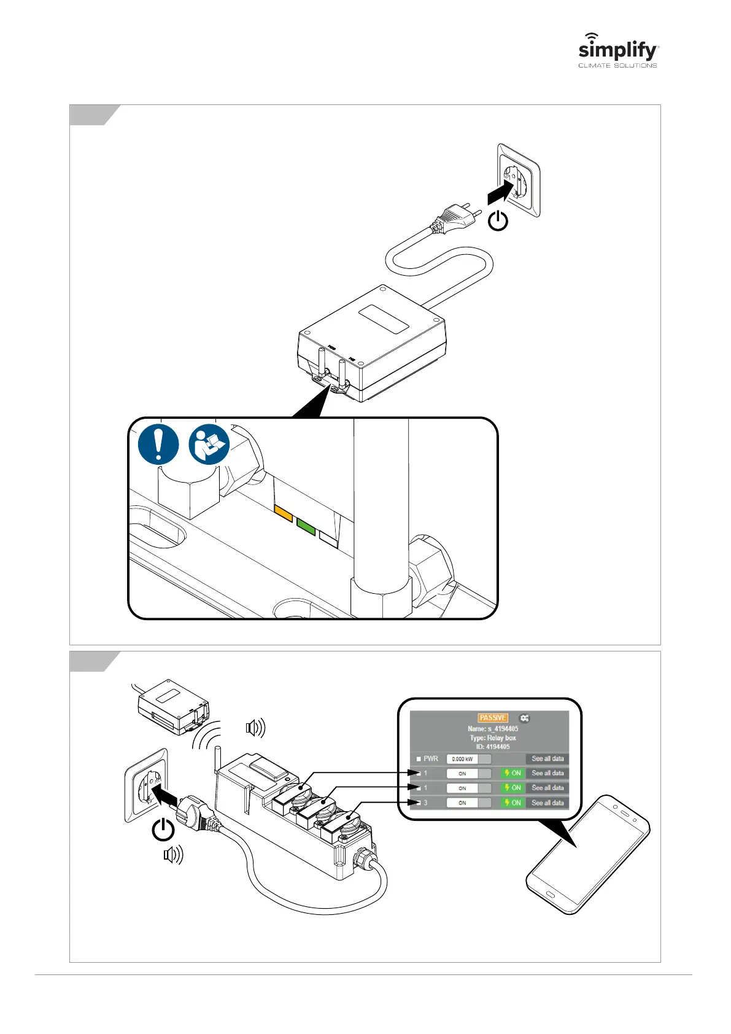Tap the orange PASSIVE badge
(x=493, y=718)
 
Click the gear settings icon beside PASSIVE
(x=524, y=718)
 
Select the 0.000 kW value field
(x=463, y=759)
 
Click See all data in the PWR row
(x=547, y=759)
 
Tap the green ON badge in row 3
(x=513, y=803)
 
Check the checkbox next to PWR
(x=419, y=759)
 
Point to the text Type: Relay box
(x=493, y=737)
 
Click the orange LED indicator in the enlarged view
(x=284, y=513)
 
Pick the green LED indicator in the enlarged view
(x=306, y=526)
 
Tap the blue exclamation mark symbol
(x=158, y=444)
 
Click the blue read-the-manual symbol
(x=209, y=444)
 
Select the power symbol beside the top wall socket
(x=498, y=220)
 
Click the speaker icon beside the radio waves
(x=255, y=728)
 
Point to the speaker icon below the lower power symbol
(x=173, y=855)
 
